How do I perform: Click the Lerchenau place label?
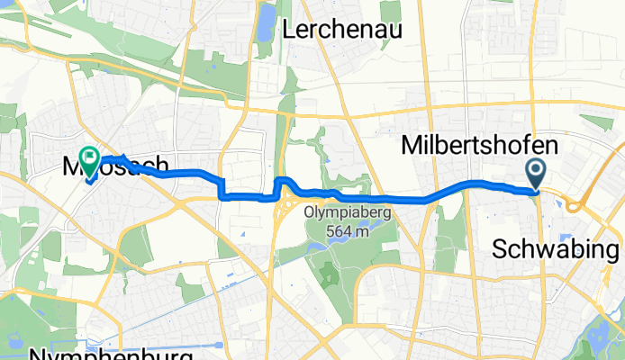pyautogui.click(x=342, y=30)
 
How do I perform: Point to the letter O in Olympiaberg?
pyautogui.click(x=310, y=214)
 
